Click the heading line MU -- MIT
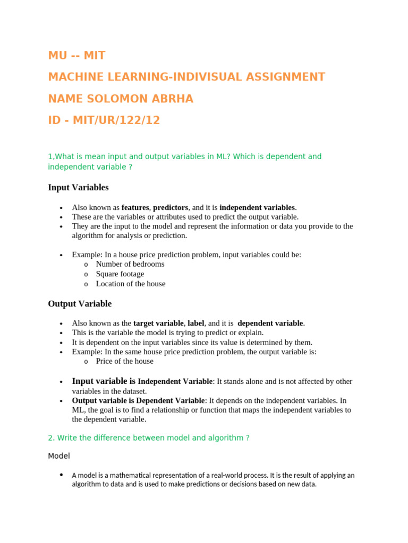pos(76,55)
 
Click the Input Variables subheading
pos(78,187)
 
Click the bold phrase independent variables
pos(257,207)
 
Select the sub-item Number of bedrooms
pos(130,264)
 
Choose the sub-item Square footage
pos(120,274)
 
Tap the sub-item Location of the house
pos(130,284)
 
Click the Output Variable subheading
pos(80,304)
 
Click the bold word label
pos(196,323)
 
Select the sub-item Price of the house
pos(124,361)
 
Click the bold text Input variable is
pos(104,381)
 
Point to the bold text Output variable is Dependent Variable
pos(138,400)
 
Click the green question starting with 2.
pos(149,437)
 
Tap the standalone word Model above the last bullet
pos(59,456)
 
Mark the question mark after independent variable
pos(130,167)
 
